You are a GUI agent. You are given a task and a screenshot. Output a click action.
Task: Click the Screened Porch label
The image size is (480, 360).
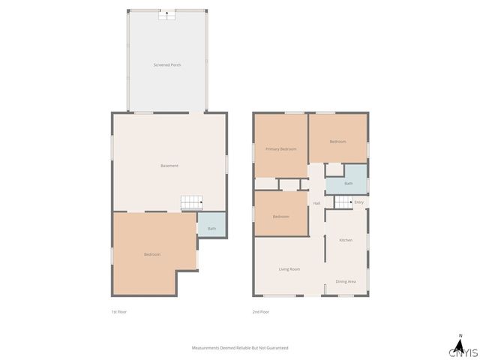167,65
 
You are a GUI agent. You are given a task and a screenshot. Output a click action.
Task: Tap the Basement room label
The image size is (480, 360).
169,166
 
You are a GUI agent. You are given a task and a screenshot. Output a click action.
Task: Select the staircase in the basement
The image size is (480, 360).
191,202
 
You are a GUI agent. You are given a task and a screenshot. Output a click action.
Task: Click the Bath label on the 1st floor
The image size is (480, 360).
211,228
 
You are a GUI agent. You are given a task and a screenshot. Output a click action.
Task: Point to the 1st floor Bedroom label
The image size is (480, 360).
152,254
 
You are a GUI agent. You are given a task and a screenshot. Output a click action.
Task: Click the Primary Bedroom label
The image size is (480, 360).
281,149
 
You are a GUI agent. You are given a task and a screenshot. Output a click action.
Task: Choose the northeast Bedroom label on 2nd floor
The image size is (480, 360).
337,142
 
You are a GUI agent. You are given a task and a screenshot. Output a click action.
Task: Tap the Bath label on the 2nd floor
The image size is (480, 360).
349,184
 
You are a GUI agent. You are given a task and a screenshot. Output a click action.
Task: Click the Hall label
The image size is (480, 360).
316,203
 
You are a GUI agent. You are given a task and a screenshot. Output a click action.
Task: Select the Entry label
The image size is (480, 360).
359,202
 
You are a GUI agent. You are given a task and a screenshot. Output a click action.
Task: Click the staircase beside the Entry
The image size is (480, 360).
343,202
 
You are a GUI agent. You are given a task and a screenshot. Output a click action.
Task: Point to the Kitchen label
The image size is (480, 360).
346,240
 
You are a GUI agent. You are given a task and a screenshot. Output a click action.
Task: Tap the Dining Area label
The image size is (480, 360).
346,281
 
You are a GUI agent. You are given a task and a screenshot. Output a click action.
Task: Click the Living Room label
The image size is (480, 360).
289,268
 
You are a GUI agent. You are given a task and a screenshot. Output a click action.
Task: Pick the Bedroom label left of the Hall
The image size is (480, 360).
281,217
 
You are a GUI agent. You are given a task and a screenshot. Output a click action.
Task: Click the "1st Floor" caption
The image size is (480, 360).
118,311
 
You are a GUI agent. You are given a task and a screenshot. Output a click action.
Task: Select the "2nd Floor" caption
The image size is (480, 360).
260,311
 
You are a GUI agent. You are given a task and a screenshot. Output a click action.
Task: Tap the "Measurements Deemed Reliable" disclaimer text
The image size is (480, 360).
240,348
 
